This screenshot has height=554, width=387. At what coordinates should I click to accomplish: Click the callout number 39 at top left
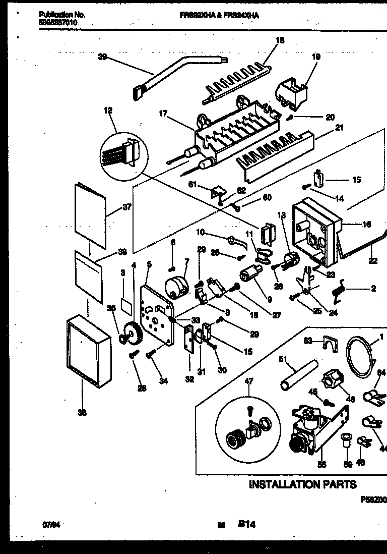(102, 57)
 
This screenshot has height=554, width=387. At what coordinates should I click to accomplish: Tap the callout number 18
(280, 40)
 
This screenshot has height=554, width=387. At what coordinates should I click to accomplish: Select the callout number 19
(316, 57)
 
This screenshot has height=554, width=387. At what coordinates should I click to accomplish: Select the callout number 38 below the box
(82, 413)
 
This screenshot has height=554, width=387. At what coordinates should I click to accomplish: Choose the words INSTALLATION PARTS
(303, 484)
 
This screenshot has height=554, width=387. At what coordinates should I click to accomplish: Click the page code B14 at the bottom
(247, 525)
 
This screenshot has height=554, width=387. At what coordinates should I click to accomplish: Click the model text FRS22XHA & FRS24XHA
(219, 16)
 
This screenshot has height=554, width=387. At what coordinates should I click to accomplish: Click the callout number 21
(339, 128)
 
